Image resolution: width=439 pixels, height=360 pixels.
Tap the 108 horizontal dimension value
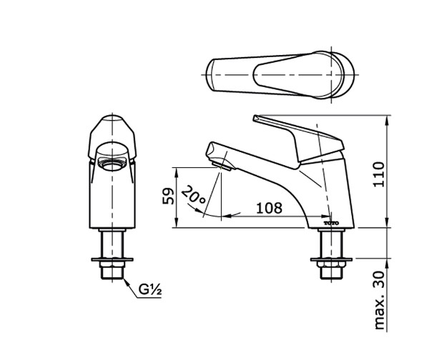[x=268, y=208]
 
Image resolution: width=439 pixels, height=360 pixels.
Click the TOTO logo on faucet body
[x=332, y=223]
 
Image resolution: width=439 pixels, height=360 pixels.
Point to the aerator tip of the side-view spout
[x=224, y=166]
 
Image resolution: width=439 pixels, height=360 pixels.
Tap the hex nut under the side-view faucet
[x=332, y=271]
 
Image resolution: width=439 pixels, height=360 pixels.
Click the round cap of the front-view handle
[x=112, y=125]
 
